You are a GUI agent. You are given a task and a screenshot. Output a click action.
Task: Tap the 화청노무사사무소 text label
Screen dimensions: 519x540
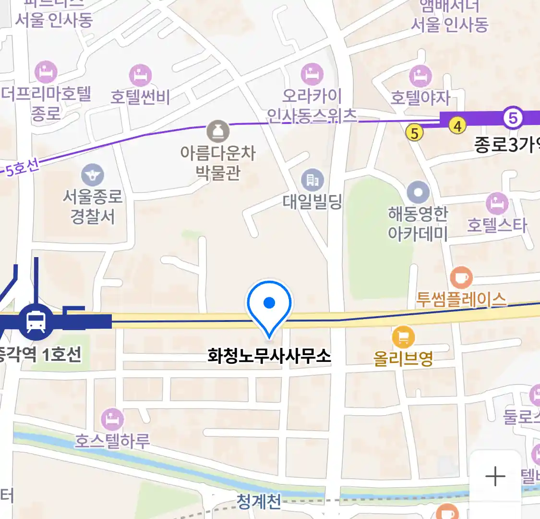[269, 356]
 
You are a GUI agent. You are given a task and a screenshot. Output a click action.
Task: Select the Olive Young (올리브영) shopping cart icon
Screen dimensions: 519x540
[403, 337]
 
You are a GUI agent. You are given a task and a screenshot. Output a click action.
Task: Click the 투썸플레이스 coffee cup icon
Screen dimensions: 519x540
[461, 278]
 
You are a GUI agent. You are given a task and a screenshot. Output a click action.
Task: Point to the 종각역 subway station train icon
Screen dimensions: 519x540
[36, 321]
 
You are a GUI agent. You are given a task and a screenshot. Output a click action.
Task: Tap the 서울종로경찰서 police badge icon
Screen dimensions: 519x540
[93, 175]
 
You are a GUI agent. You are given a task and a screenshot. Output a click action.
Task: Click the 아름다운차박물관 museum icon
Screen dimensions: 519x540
[218, 131]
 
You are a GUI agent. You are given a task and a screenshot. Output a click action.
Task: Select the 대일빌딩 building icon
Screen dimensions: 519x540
[312, 180]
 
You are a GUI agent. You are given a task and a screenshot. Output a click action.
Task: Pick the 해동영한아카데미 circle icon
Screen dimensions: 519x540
[418, 193]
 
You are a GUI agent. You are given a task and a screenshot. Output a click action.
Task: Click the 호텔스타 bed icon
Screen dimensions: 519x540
[497, 204]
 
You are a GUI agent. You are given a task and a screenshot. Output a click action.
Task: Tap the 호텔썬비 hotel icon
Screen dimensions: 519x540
[140, 76]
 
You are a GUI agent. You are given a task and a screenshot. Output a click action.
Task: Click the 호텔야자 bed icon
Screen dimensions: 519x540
[420, 76]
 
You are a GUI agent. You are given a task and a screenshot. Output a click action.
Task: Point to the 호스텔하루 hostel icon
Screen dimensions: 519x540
[113, 419]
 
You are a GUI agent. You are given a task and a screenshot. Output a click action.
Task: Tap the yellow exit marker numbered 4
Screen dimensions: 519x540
[457, 126]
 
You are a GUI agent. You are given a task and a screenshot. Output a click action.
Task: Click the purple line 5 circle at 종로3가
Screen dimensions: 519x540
[513, 118]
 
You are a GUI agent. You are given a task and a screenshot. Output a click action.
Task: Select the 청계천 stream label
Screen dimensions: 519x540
[259, 501]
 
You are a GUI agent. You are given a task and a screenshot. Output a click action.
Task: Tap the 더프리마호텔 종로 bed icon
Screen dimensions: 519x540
[46, 73]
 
